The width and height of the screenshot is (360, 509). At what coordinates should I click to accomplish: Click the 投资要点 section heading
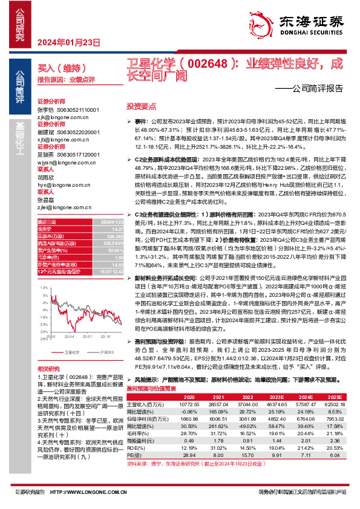[x=141, y=105]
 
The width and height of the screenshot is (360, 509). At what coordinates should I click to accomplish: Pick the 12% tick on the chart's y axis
[x=44, y=270]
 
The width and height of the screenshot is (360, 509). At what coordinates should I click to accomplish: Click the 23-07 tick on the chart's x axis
[x=87, y=336]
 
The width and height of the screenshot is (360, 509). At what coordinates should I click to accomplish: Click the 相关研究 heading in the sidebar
[x=48, y=368]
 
